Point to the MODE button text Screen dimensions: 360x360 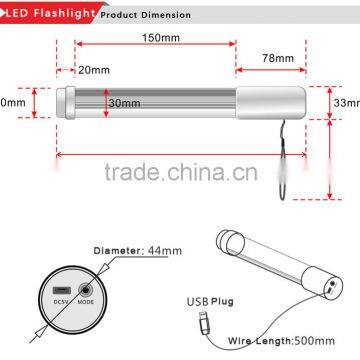click(x=87, y=300)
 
